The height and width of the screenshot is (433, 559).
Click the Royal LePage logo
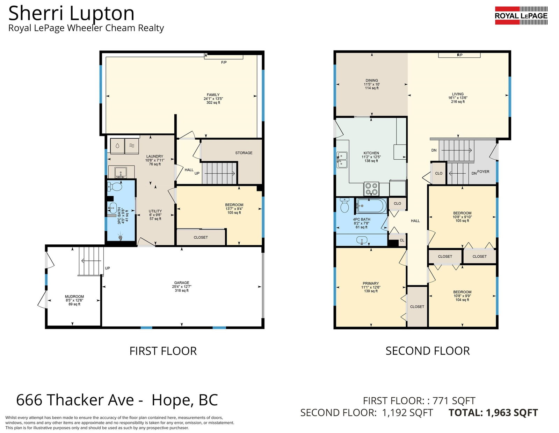pyautogui.click(x=521, y=15)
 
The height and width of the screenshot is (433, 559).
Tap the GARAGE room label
pyautogui.click(x=182, y=283)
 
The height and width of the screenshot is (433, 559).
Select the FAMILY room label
pyautogui.click(x=213, y=95)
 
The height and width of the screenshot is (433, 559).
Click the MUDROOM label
pyautogui.click(x=74, y=296)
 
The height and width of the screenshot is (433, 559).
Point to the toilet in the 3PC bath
pyautogui.click(x=115, y=186)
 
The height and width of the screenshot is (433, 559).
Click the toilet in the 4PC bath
pyautogui.click(x=344, y=205)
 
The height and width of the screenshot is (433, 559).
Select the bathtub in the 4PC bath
pyautogui.click(x=371, y=206)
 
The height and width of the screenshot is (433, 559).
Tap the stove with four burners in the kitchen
pyautogui.click(x=371, y=189)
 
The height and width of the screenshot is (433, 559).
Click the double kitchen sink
pyautogui.click(x=342, y=160)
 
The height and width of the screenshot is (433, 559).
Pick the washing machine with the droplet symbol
pyautogui.click(x=117, y=146)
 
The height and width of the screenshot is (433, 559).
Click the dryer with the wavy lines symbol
pyautogui.click(x=132, y=146)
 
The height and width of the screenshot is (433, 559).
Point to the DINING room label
pyautogui.click(x=372, y=81)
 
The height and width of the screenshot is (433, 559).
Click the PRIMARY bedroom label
pyautogui.click(x=371, y=283)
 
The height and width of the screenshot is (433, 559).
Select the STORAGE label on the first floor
pyautogui.click(x=244, y=153)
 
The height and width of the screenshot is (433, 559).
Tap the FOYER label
pyautogui.click(x=483, y=172)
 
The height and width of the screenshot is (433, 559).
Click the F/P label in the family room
pyautogui.click(x=224, y=62)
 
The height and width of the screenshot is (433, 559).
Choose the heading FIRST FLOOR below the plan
pyautogui.click(x=163, y=351)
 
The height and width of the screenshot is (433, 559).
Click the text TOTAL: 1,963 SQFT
pyautogui.click(x=493, y=413)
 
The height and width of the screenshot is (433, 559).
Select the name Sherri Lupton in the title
pyautogui.click(x=71, y=13)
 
